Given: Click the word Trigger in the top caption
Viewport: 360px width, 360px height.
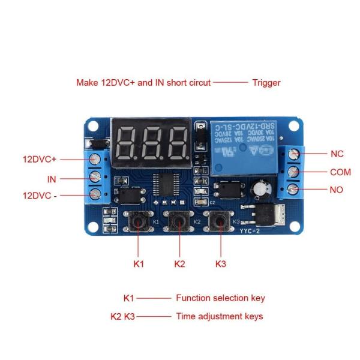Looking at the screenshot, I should tap(266, 83).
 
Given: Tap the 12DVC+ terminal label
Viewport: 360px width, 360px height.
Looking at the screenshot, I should tap(40, 160).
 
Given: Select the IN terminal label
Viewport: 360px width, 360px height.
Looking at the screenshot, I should tap(52, 179).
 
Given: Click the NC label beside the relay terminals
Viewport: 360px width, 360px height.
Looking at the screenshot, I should tap(337, 154).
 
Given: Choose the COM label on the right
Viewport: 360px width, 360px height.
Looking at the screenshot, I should tap(340, 172).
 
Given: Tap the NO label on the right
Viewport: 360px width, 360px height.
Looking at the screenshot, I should tap(337, 190).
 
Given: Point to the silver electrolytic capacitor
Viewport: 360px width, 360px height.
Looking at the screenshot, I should tap(260, 188).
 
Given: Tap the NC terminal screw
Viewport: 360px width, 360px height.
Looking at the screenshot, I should tap(293, 154).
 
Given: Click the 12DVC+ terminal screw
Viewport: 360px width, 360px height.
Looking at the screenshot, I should tap(95, 160).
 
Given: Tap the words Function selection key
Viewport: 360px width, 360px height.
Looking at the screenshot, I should tap(220, 298).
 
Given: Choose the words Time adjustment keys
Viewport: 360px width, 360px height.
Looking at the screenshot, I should tap(219, 316).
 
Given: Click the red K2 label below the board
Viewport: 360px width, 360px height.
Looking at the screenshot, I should tap(179, 263).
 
